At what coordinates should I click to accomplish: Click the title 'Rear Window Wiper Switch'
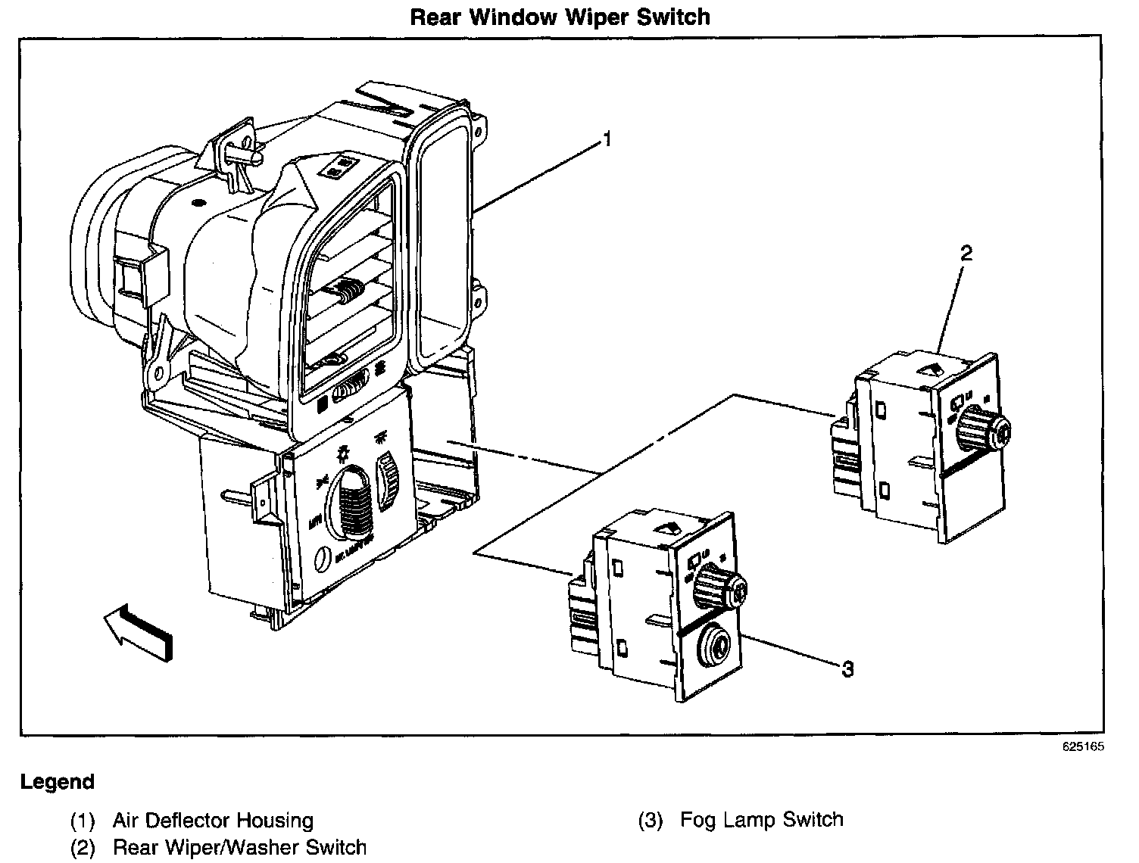560,17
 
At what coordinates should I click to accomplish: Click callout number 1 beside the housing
607,139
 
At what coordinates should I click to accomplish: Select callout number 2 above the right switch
966,254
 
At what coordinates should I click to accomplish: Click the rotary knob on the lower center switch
720,589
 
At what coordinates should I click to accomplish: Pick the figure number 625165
1083,746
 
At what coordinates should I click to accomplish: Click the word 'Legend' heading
58,782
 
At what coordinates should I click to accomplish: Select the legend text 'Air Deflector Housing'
213,821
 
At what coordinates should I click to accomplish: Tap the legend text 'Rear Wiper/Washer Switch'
239,848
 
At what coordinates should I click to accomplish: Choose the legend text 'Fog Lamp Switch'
761,819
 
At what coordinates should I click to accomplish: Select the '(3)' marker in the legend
651,820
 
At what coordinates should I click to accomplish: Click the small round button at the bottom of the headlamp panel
322,559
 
